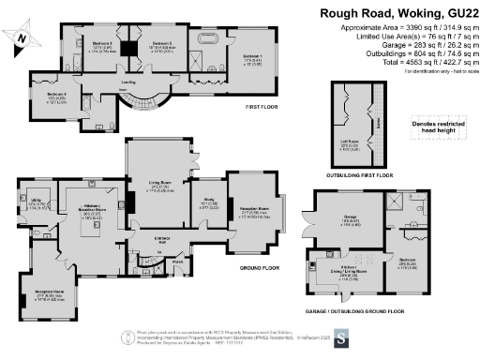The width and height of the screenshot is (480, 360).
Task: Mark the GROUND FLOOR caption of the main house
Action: (261, 267)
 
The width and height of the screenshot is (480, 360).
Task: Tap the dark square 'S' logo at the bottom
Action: (342, 337)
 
